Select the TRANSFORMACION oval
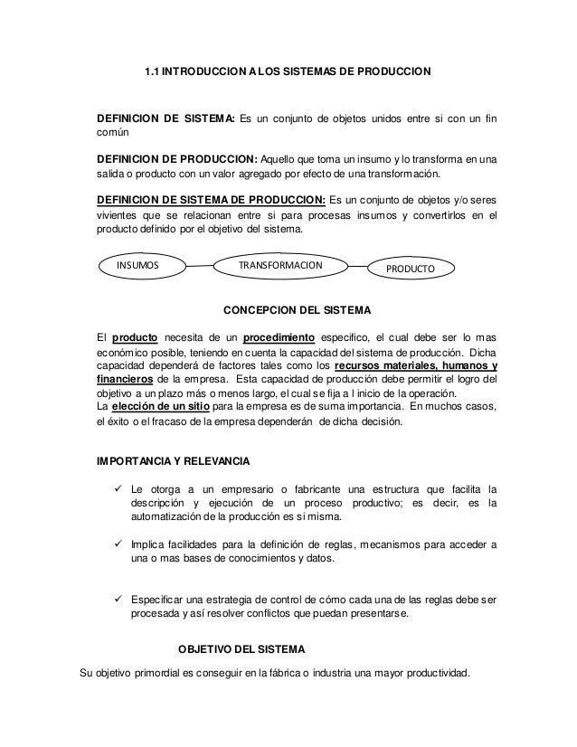(x=279, y=266)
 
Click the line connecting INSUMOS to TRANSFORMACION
(x=198, y=267)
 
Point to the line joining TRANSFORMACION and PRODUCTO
(x=359, y=268)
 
